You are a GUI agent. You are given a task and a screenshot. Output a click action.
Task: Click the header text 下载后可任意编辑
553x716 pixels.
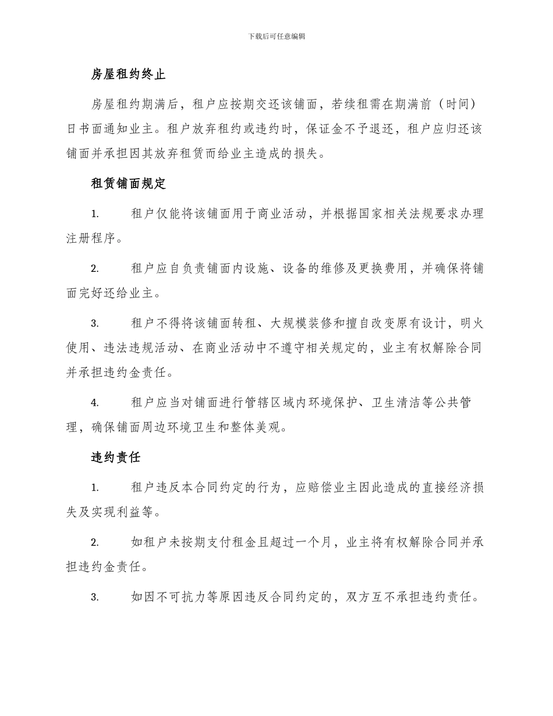pos(276,36)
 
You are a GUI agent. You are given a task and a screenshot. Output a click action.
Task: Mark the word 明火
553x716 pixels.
pos(471,323)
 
